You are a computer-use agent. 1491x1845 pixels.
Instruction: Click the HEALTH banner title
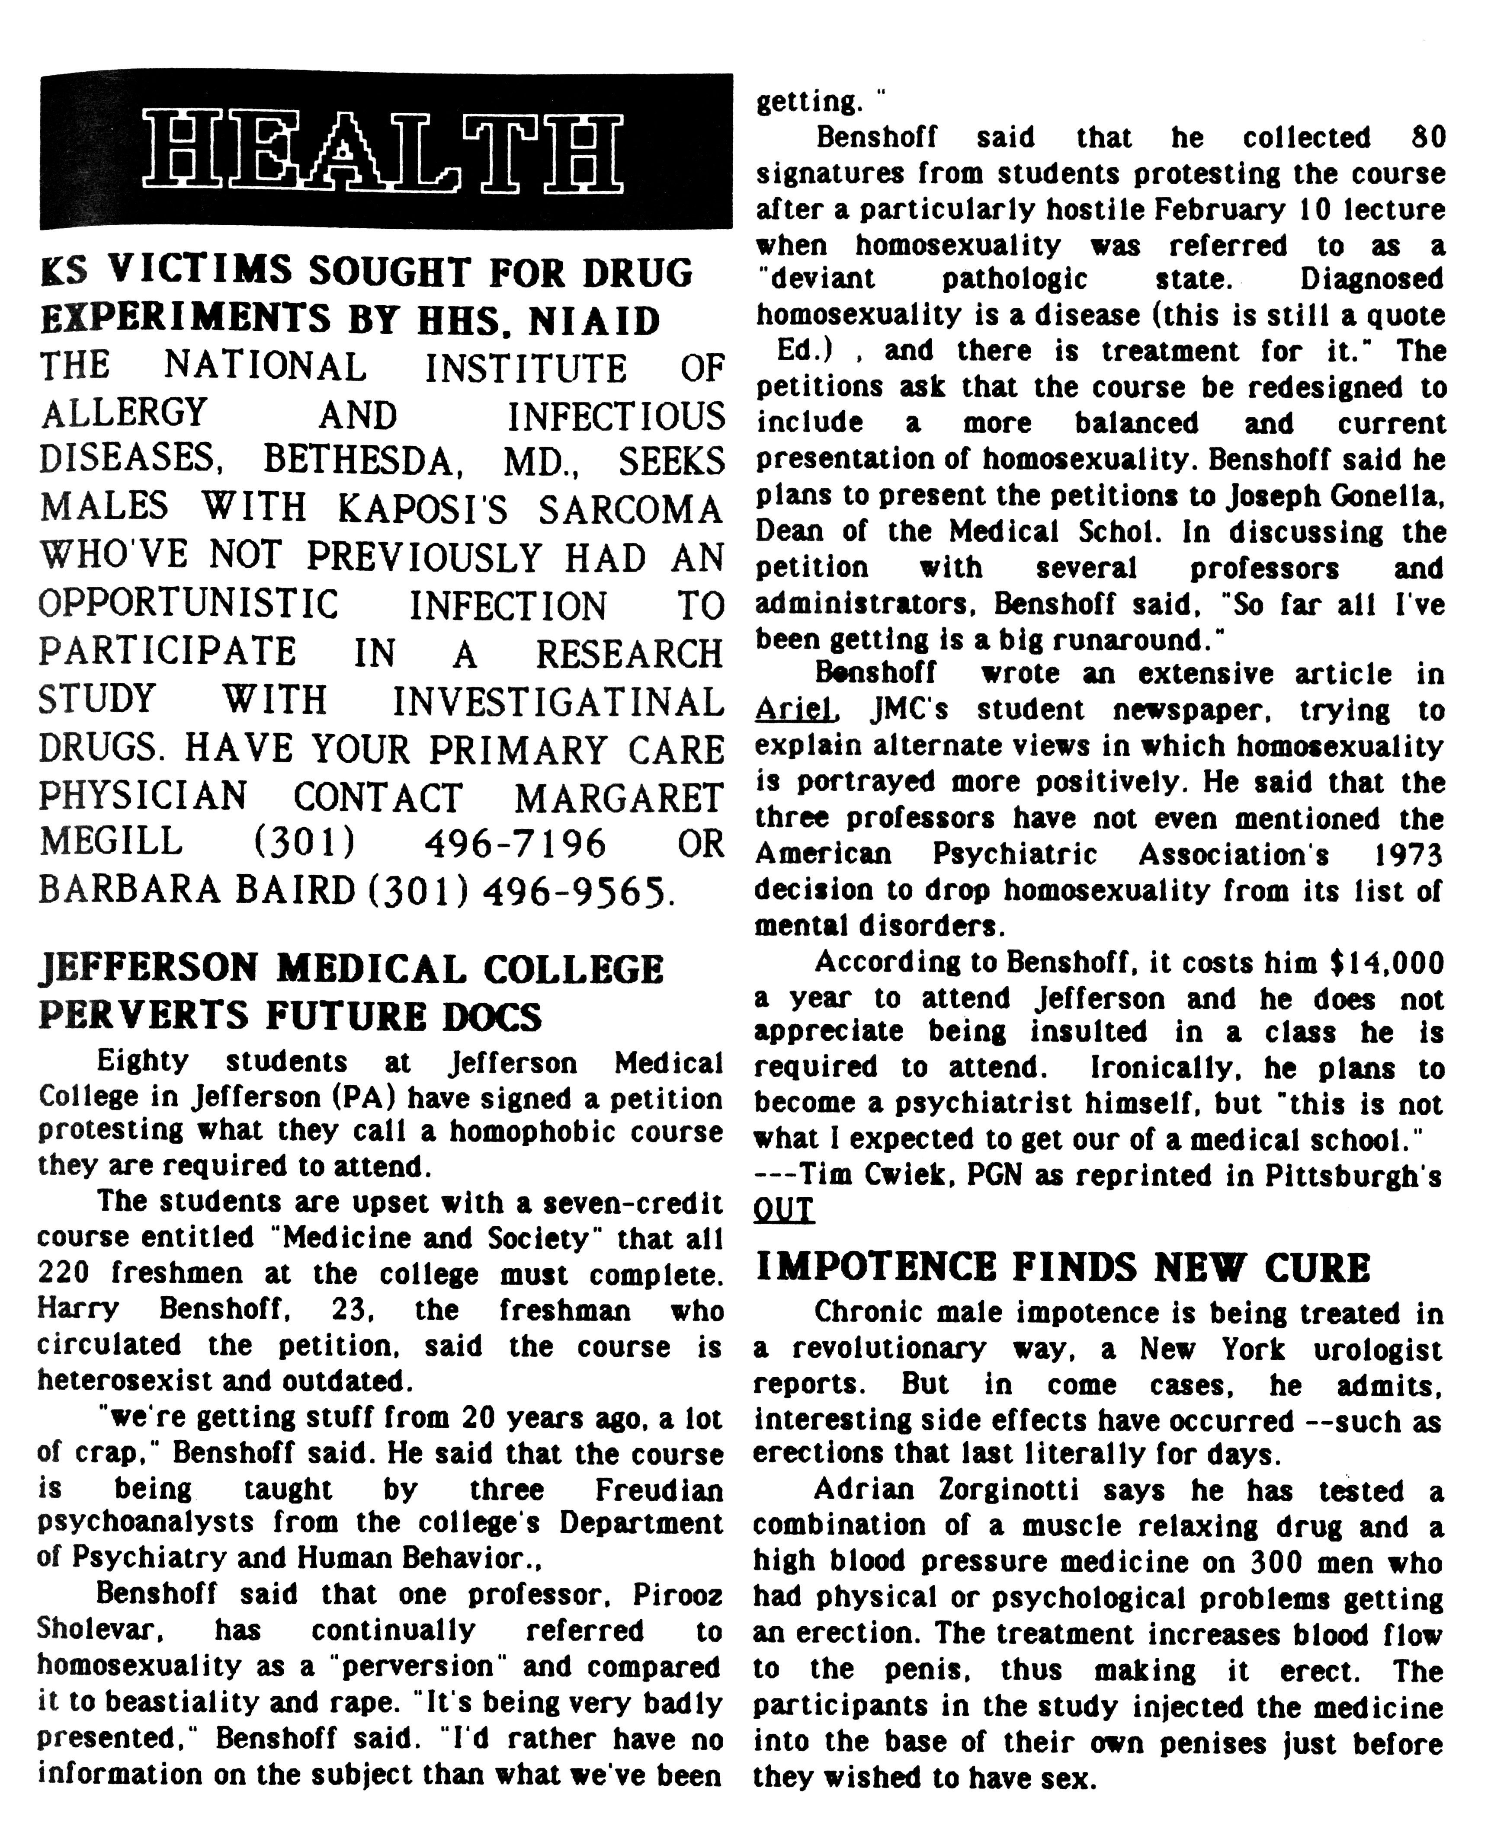tap(384, 152)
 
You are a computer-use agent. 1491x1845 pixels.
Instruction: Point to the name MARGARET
tap(619, 798)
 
